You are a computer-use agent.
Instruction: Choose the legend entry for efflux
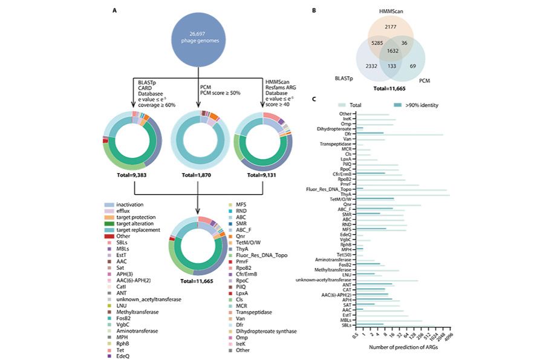point(127,211)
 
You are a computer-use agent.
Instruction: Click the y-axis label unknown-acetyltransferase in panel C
point(323,280)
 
